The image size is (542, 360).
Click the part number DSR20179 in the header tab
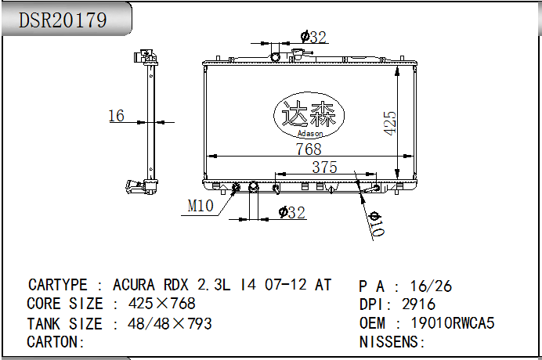tap(63, 20)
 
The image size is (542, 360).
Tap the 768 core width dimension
tap(309, 149)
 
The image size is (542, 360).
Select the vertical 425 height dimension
tap(389, 123)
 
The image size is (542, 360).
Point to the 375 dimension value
tap(324, 167)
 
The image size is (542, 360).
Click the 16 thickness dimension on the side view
tap(116, 116)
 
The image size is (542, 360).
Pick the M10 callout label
tap(201, 206)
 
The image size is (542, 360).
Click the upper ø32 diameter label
tap(313, 37)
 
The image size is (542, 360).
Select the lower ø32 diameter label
tap(292, 212)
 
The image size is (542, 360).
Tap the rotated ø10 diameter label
tap(377, 225)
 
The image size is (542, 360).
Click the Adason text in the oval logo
tap(310, 133)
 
